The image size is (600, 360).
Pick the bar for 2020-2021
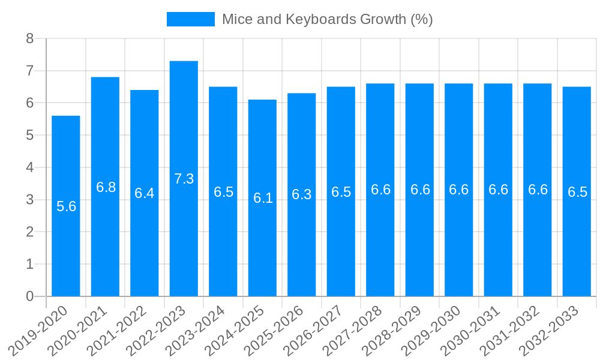tap(105, 240)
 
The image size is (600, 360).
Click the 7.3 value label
tap(184, 179)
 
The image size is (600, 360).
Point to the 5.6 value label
tap(66, 206)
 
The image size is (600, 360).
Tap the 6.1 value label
tap(263, 198)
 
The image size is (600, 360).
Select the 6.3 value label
tap(302, 194)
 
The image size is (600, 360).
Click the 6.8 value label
tap(106, 187)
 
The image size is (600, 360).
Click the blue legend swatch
tap(190, 19)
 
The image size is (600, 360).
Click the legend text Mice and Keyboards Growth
tap(327, 19)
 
